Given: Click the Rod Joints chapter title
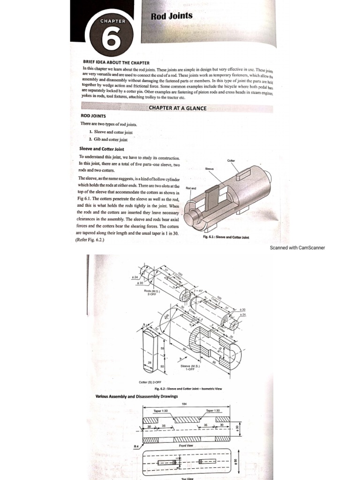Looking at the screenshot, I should (x=172, y=16).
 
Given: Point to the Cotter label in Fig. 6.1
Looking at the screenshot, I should (x=231, y=160).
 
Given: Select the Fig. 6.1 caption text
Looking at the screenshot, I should (x=226, y=237).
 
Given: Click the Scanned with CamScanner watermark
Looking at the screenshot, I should (x=297, y=247).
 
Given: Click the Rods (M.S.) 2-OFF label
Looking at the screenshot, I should (x=151, y=293).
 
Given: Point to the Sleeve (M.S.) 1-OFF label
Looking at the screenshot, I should (x=189, y=367).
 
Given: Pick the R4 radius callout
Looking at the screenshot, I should (x=136, y=446).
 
